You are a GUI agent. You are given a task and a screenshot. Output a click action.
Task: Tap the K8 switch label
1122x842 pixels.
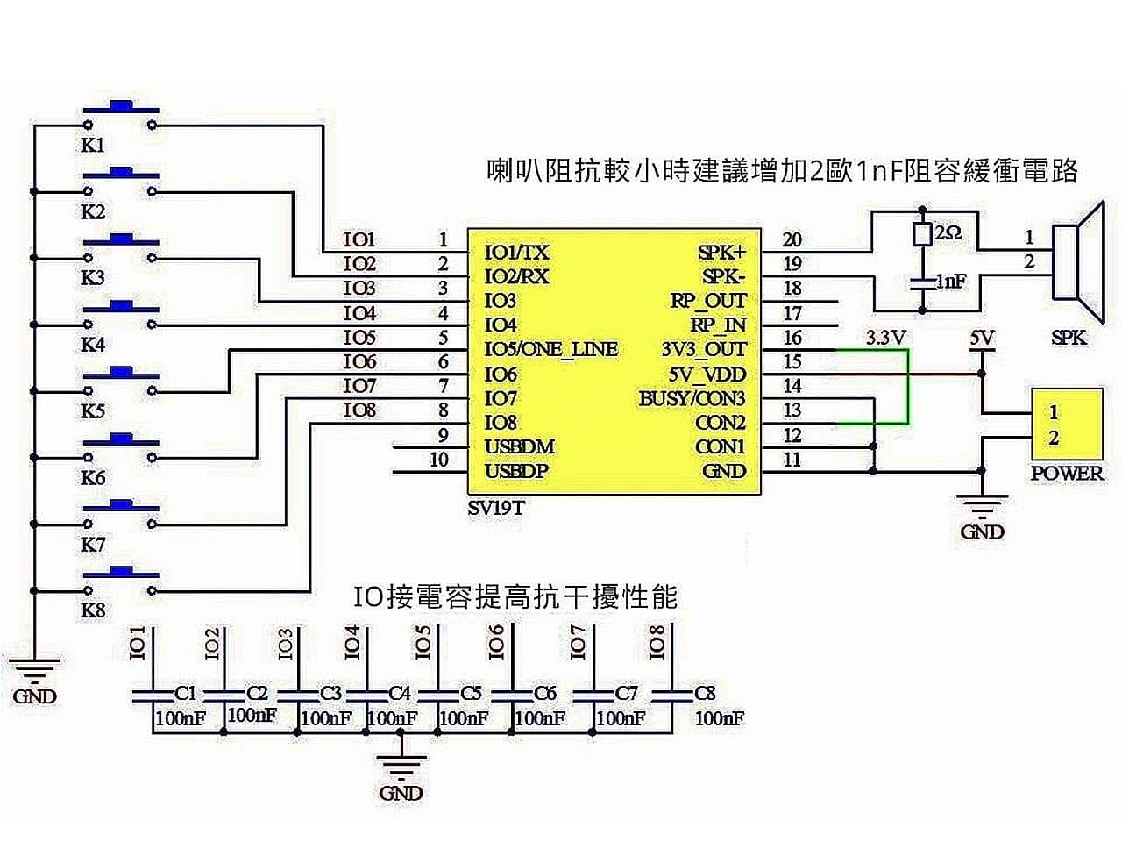click(93, 610)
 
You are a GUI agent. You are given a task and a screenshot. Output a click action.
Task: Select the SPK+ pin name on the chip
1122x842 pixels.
click(722, 253)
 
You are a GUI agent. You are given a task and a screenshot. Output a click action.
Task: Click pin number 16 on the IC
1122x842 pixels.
click(792, 338)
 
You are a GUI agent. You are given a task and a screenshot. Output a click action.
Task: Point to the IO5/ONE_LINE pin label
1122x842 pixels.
click(550, 349)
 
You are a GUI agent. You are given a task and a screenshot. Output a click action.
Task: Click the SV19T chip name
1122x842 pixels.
click(496, 508)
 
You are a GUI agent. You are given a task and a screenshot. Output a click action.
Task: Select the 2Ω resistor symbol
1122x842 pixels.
click(921, 234)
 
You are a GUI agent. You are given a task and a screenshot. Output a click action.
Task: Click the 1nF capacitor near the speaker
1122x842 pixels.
click(921, 282)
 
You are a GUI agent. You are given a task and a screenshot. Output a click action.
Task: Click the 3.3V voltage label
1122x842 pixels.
click(884, 337)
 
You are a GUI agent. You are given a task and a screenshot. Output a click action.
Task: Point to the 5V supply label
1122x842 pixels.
click(982, 337)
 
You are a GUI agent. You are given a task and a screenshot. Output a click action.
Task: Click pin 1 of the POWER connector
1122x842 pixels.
click(1054, 411)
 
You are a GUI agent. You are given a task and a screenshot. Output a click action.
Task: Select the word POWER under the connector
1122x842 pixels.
click(1067, 473)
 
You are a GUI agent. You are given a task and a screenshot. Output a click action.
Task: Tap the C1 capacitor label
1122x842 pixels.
click(185, 693)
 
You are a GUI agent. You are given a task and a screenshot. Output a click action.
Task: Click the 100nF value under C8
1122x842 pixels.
click(719, 719)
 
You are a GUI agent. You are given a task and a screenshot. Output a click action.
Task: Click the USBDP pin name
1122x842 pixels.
click(516, 472)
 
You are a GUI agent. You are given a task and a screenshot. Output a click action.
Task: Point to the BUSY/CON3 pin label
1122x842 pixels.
click(692, 399)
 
